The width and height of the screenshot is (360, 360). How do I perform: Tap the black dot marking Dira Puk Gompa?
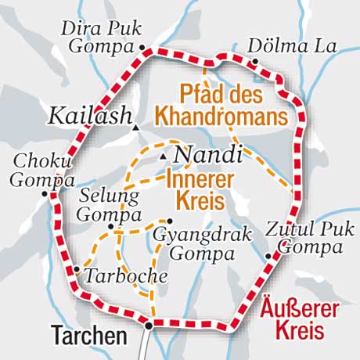pos(142,48)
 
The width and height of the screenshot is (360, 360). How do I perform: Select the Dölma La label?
pos(292,45)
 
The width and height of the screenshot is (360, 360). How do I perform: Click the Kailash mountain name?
pos(88,116)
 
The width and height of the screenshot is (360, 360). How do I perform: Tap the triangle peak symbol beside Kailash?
pos(136,126)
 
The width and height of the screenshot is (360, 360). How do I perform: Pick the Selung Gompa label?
pos(110,203)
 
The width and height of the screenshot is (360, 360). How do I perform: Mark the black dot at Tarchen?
pos(148,323)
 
